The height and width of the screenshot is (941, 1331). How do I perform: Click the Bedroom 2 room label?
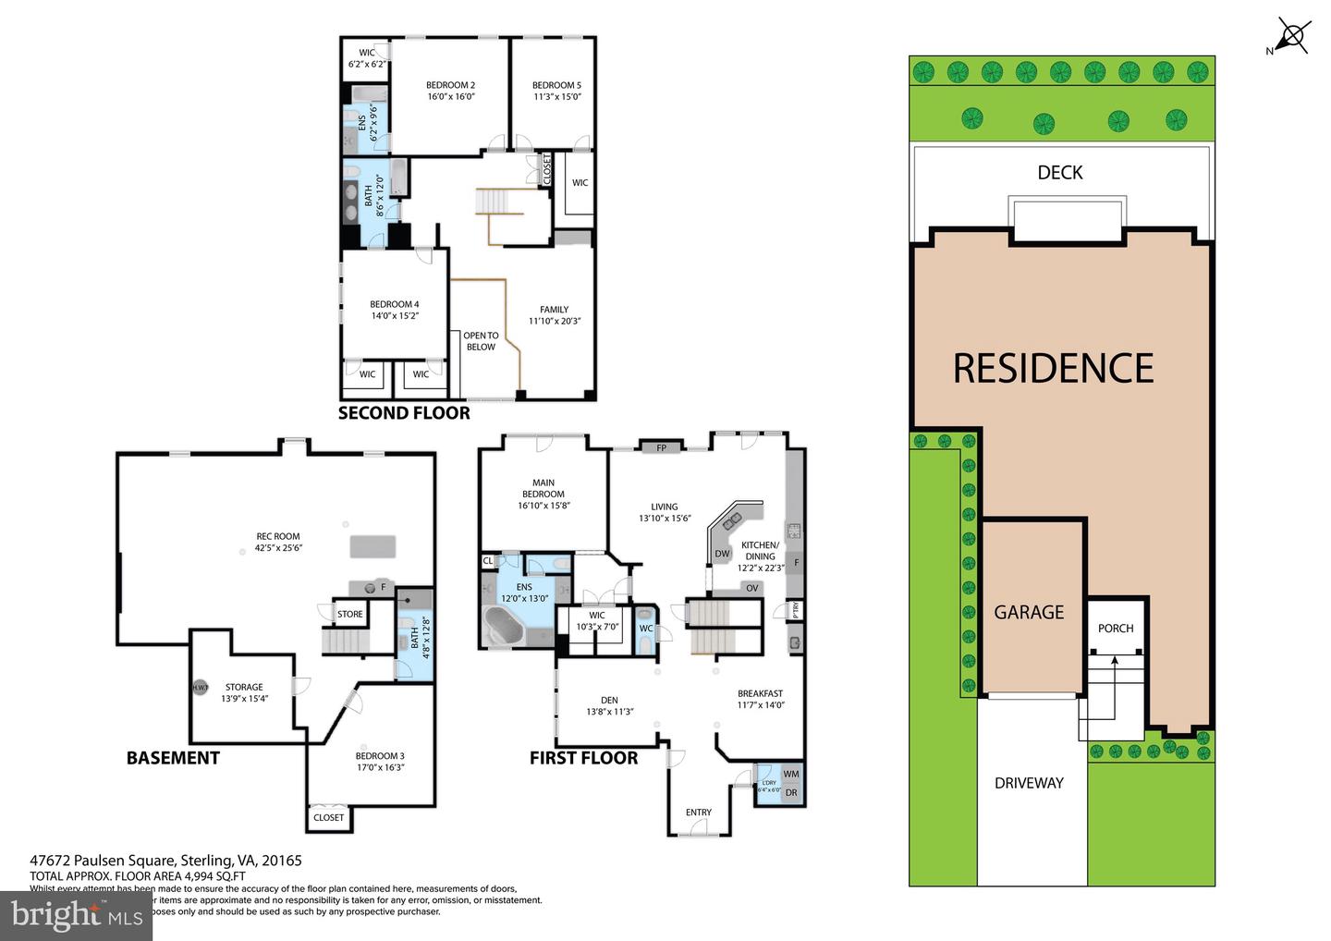pyautogui.click(x=450, y=91)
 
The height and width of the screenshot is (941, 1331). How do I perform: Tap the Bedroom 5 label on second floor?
pyautogui.click(x=556, y=91)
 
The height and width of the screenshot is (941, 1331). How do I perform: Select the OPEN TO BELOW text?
pyautogui.click(x=481, y=341)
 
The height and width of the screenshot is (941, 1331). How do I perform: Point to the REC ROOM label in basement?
pyautogui.click(x=278, y=542)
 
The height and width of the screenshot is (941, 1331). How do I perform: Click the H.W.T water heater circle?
pyautogui.click(x=200, y=688)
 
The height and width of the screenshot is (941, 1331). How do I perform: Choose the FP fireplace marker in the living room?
pyautogui.click(x=661, y=448)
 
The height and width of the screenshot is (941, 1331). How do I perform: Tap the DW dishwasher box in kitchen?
pyautogui.click(x=722, y=555)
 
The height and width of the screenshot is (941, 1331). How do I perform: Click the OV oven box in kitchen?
pyautogui.click(x=751, y=588)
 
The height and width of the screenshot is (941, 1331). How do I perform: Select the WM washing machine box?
pyautogui.click(x=791, y=774)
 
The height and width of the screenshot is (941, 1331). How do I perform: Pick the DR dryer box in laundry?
pyautogui.click(x=791, y=793)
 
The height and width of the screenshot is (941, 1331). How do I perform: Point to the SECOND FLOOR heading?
pyautogui.click(x=404, y=413)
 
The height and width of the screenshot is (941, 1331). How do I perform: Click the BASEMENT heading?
pyautogui.click(x=173, y=758)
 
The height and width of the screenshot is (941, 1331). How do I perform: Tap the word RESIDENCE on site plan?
pyautogui.click(x=1053, y=368)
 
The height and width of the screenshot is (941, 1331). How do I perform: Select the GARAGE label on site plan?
pyautogui.click(x=1029, y=612)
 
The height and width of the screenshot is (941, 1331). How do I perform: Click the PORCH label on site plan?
pyautogui.click(x=1116, y=629)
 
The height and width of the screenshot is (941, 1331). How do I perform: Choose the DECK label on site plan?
pyautogui.click(x=1059, y=173)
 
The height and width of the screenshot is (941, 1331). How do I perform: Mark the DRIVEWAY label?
pyautogui.click(x=1029, y=783)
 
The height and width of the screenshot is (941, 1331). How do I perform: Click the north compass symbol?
pyautogui.click(x=1292, y=37)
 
